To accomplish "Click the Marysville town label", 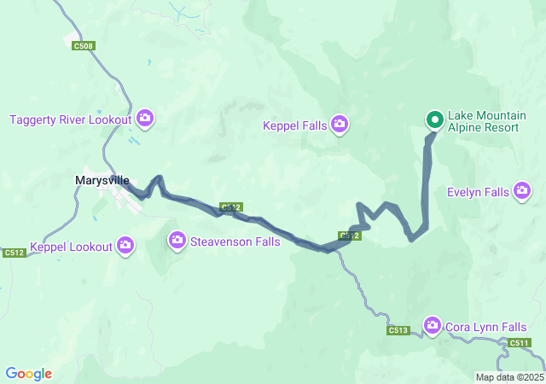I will (102, 181).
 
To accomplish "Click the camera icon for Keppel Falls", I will (340, 125).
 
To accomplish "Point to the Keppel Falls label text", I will (294, 126).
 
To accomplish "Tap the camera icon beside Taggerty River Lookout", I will (144, 119).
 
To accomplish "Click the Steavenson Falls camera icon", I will (177, 241).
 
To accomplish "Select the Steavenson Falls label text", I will (235, 241).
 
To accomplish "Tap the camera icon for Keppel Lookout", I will (126, 247).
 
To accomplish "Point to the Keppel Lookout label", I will (71, 247).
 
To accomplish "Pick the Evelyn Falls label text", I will (478, 192).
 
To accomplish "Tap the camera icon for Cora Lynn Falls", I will (433, 326).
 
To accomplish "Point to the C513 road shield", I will (398, 330).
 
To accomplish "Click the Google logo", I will (28, 374).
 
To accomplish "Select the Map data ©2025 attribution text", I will (509, 377).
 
